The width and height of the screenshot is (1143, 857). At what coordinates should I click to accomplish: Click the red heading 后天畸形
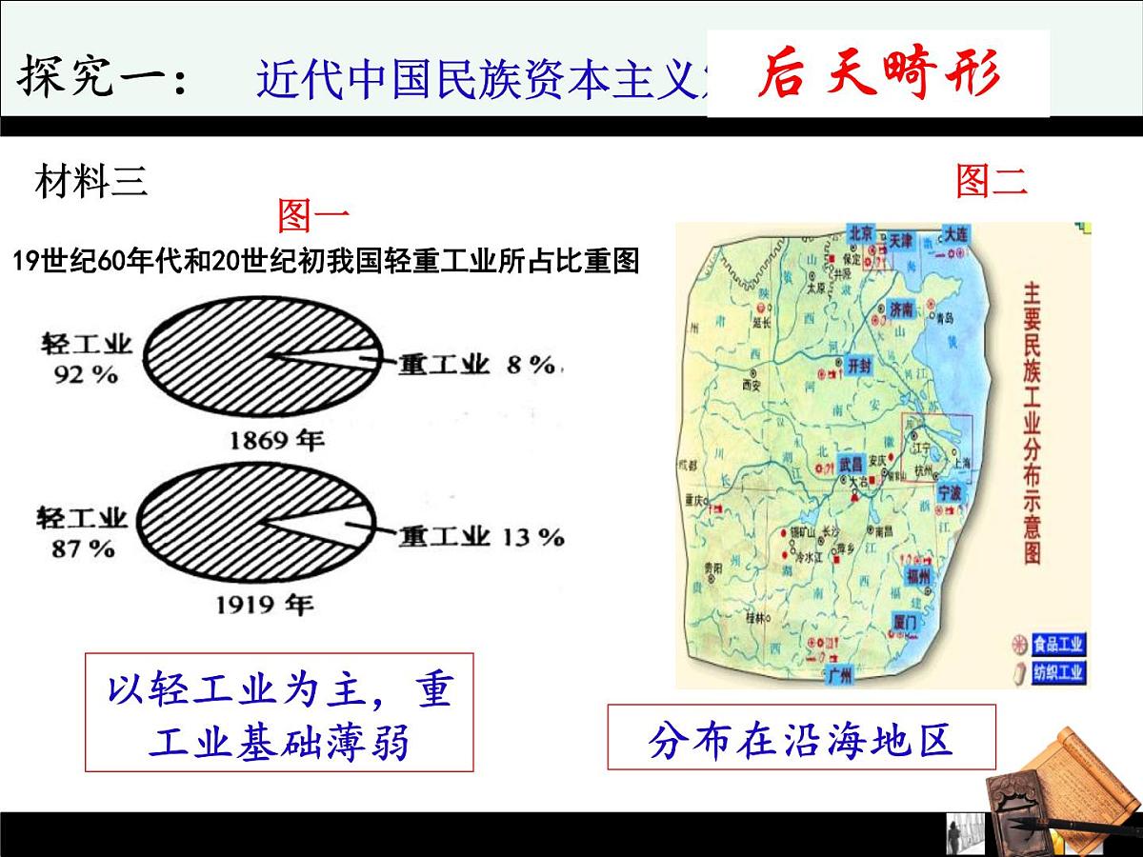[x=878, y=74]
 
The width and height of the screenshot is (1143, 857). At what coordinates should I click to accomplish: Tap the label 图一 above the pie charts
[x=313, y=216]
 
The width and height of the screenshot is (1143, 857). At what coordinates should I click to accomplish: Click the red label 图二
[x=992, y=180]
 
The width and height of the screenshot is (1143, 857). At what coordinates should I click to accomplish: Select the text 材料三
[x=91, y=181]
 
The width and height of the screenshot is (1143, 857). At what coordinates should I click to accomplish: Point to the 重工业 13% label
[x=481, y=537]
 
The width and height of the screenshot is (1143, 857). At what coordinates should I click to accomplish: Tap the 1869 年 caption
[x=276, y=440]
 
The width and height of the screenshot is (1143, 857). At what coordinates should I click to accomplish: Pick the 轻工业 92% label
[x=85, y=357]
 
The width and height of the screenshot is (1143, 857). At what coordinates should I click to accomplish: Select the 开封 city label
[x=857, y=365]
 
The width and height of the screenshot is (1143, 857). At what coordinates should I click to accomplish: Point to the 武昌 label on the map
[x=851, y=466]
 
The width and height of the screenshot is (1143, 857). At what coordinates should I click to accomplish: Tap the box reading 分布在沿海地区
[x=801, y=737]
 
